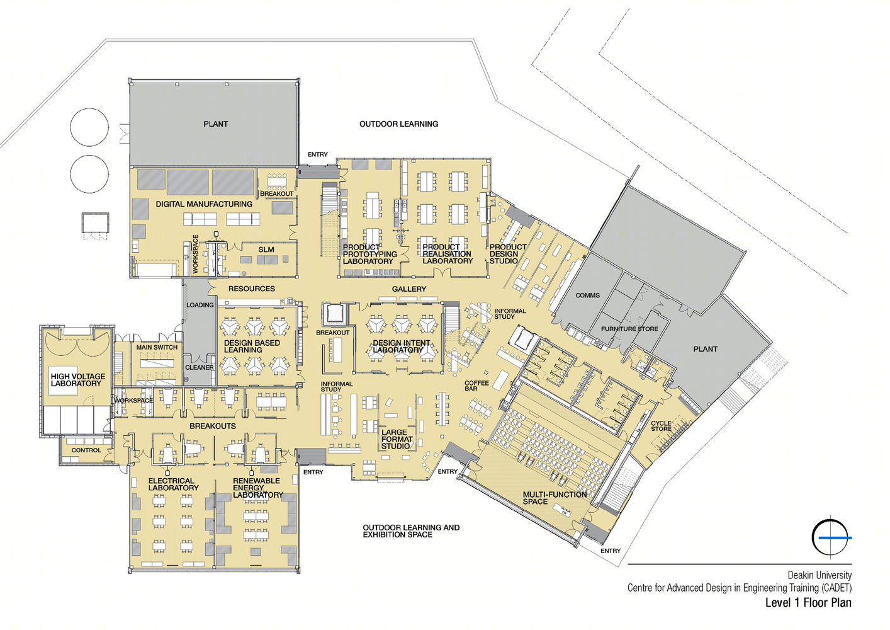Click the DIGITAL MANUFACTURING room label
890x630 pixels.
coord(204,204)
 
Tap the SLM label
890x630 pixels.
coord(266,249)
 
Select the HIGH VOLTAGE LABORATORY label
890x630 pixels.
coord(78,380)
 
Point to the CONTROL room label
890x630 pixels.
coord(86,450)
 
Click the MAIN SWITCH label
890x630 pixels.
coord(157,347)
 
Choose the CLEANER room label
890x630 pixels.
coord(200,367)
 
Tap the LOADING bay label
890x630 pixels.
coord(200,305)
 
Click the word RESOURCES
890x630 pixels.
coord(252,289)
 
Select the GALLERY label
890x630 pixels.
coord(409,289)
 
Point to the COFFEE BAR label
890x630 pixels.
coord(477,386)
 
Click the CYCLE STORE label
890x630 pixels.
coord(661,426)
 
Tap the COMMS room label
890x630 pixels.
coord(588,295)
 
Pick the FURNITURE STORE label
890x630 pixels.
coord(629,329)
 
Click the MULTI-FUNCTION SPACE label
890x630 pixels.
coord(555,498)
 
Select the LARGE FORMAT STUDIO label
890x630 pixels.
coord(397,439)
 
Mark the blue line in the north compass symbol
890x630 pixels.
coord(835,538)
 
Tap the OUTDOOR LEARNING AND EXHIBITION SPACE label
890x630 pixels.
coord(411,531)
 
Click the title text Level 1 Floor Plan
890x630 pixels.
coord(809,602)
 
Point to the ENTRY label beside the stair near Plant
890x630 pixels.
coord(318,154)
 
